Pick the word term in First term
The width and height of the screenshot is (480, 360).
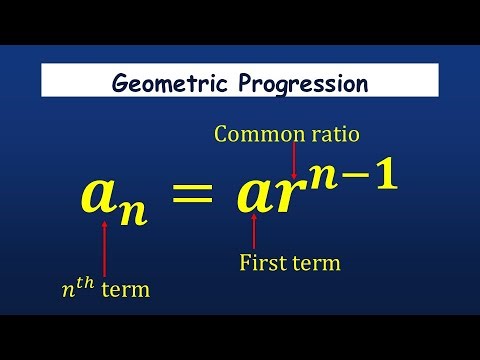(x=316, y=263)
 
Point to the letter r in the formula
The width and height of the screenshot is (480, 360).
(x=286, y=199)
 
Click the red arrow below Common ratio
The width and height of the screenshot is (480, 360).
(x=294, y=160)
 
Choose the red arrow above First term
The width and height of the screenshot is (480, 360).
(x=254, y=233)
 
